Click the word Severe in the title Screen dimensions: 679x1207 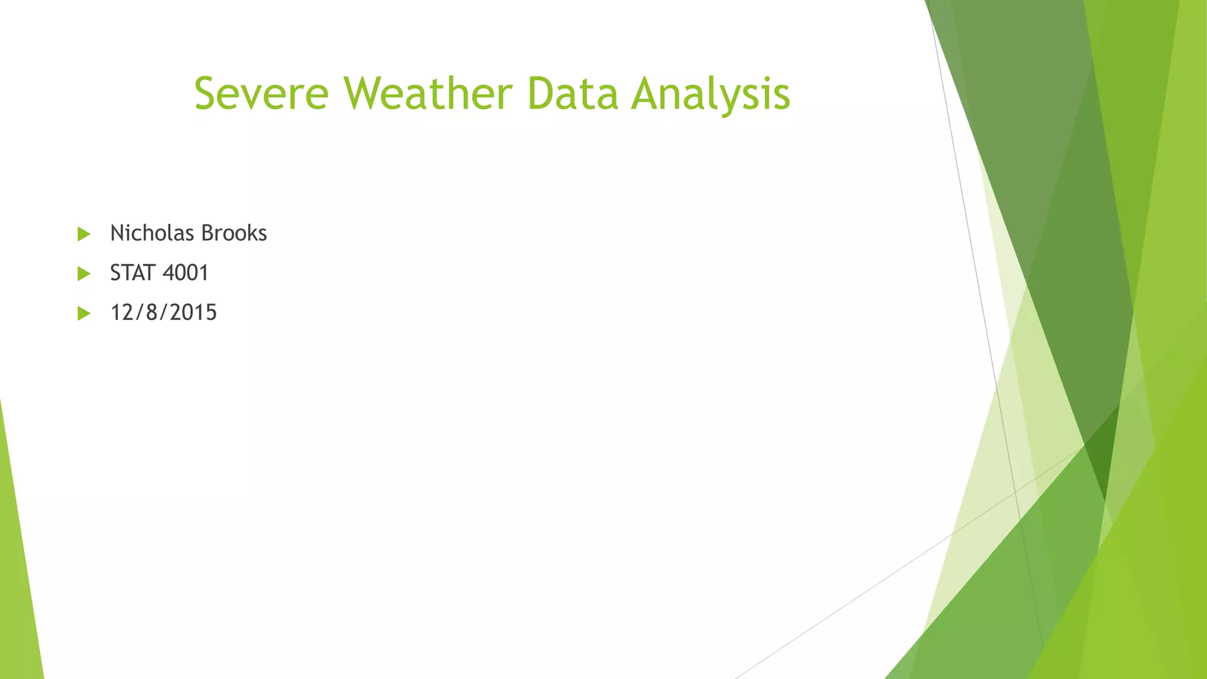pos(261,94)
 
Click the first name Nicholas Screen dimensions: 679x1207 pos(151,233)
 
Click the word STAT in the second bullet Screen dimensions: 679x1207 pos(133,273)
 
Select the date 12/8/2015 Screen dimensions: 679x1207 pos(163,312)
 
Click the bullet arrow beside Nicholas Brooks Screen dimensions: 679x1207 pos(84,234)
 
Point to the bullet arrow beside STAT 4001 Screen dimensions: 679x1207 pos(84,273)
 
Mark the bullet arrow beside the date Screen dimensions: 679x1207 pos(84,313)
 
